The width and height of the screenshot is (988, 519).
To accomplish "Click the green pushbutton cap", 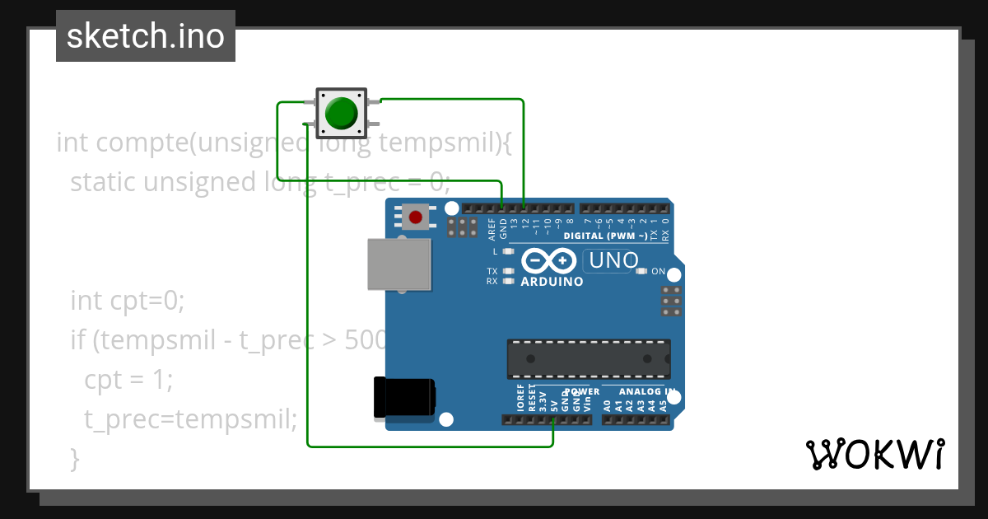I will coord(340,113).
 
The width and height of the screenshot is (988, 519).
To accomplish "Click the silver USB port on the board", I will coord(399,264).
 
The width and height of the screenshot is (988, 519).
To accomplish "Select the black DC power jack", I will coord(403,397).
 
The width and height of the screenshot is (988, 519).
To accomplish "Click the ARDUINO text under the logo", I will coord(552,282).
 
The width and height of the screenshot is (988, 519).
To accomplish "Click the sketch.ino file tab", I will coord(146,36).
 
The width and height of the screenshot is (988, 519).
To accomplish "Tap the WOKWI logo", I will coord(874,454).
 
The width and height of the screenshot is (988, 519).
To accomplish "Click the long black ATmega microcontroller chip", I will coord(588,359).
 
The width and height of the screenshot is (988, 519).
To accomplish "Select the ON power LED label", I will coord(658,271).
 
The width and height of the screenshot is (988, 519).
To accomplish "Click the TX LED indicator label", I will coord(492,271).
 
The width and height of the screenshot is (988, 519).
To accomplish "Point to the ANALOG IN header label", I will coord(647,392).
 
